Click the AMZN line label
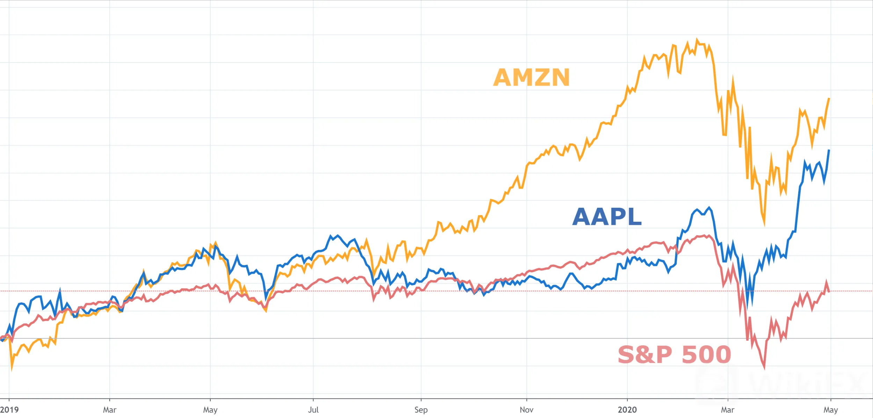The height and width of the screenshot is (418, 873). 531,77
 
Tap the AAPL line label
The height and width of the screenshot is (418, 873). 607,217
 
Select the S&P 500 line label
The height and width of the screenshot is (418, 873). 674,355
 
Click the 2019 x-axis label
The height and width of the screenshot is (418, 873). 9,410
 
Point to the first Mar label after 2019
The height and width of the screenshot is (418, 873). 109,410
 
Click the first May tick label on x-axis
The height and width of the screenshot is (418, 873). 210,410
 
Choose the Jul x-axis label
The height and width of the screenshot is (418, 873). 313,410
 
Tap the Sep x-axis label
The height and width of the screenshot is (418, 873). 421,410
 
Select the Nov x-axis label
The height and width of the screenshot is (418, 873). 526,410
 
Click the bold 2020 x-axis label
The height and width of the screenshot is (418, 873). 627,410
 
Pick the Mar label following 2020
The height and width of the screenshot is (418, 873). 728,410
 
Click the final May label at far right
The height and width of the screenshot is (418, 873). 830,410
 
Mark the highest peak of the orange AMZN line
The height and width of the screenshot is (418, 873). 697,39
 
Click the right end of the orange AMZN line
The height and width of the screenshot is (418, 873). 829,99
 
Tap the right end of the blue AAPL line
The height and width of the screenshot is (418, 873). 829,150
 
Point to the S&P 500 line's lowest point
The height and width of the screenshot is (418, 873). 764,368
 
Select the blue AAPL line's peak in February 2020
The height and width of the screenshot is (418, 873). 709,208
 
